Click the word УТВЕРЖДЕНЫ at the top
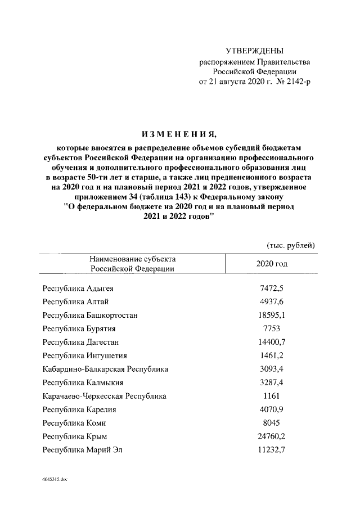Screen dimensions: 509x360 point(254,51)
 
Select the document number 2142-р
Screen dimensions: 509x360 point(296,82)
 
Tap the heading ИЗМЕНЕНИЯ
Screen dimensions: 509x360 point(178,133)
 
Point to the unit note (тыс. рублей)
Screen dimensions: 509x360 point(290,245)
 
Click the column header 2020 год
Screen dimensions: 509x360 point(272,263)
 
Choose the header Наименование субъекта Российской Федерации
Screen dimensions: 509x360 point(132,264)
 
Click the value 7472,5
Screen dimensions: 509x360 point(272,289)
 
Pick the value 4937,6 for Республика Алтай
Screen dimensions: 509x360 point(272,302)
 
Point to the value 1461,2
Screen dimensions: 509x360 point(272,355)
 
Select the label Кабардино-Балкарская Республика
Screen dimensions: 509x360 point(105,369)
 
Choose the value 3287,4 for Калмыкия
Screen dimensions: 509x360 point(272,382)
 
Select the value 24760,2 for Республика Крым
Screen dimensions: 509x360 point(272,436)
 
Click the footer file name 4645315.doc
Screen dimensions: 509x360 point(55,480)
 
